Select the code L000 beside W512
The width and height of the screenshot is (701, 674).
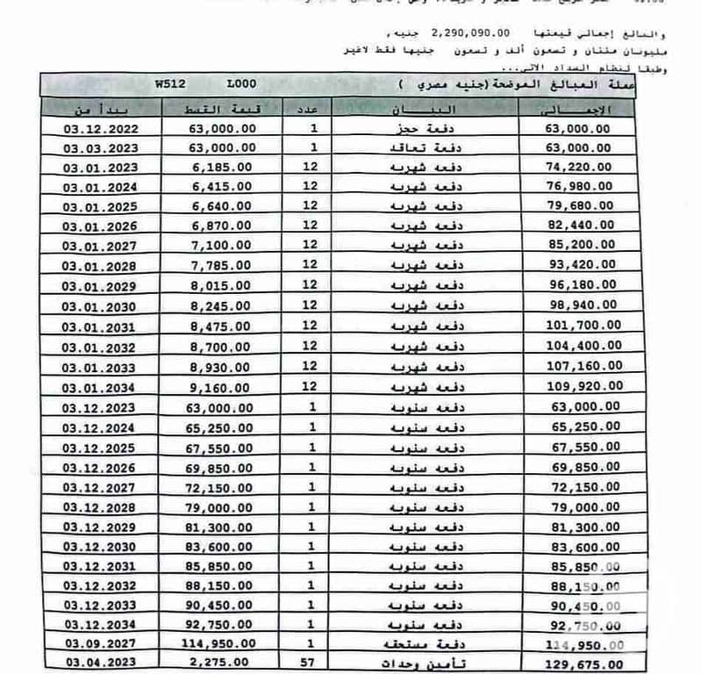coord(240,85)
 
